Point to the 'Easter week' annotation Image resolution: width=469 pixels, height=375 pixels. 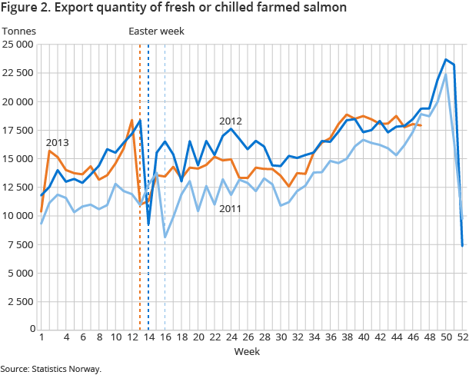coord(156,31)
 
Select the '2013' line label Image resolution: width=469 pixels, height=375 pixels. coord(58,143)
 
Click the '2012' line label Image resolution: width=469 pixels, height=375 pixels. coord(231,121)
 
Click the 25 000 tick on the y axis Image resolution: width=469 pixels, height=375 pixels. coord(19,45)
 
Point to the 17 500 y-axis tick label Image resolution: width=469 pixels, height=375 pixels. coord(19,130)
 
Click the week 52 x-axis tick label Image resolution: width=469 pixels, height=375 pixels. coord(462,337)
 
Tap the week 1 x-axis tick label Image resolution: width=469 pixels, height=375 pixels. coord(41,337)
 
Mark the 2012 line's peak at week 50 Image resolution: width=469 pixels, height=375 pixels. coord(446,59)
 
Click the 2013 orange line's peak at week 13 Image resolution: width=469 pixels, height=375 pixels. coord(131,120)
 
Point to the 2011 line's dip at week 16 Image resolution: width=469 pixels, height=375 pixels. coord(165,237)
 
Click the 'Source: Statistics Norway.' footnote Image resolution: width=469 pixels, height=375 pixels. coord(51,369)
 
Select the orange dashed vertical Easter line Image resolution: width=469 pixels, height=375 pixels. coord(140,231)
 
